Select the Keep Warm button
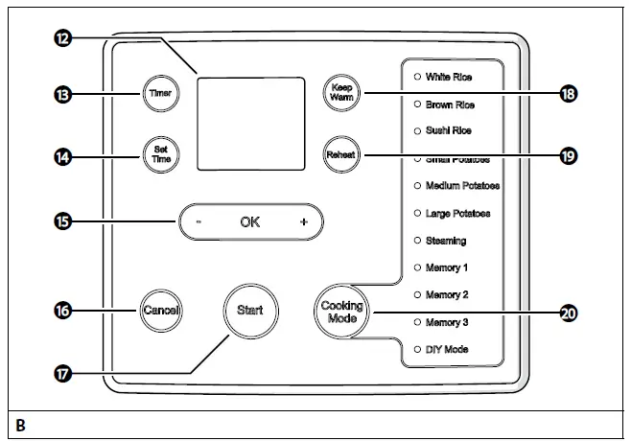[x=339, y=92]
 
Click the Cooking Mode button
[x=342, y=311]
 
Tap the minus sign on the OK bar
[x=198, y=222]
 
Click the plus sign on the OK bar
[x=304, y=222]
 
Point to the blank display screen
[x=250, y=124]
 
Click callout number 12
[x=62, y=37]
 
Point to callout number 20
[x=568, y=312]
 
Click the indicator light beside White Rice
[x=416, y=76]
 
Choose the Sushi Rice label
[x=448, y=130]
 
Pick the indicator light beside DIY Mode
[x=416, y=350]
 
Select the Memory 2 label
[x=447, y=295]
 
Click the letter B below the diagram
[x=20, y=424]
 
